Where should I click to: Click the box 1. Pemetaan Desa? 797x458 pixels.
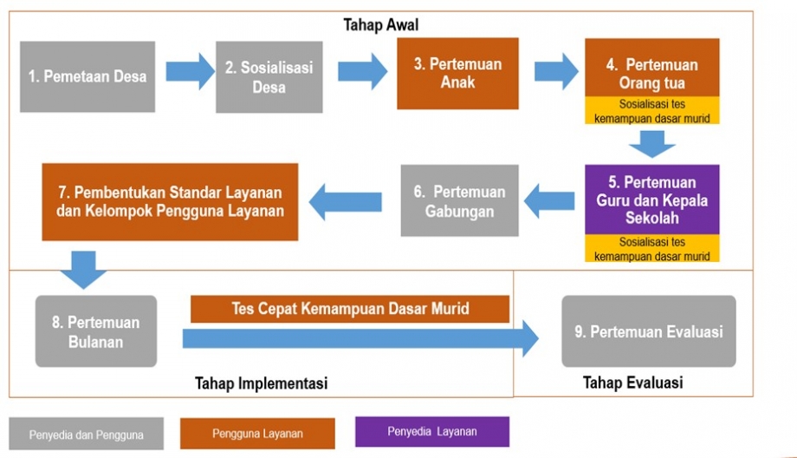[x=87, y=76]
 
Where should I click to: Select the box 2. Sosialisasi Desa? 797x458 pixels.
[x=269, y=76]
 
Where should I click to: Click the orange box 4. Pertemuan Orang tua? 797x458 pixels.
[x=652, y=75]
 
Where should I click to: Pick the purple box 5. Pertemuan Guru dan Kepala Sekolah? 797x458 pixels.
[x=652, y=200]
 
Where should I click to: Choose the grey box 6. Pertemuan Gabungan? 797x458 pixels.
[x=459, y=200]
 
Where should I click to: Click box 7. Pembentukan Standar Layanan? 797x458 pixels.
[x=170, y=201]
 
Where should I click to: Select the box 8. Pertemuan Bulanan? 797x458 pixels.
[x=96, y=331]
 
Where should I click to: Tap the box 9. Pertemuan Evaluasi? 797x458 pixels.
[x=648, y=331]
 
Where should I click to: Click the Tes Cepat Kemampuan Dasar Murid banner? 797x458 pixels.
[x=349, y=309]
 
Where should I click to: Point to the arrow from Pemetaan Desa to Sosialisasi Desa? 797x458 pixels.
[x=189, y=71]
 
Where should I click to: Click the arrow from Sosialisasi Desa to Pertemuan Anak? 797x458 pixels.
[x=362, y=71]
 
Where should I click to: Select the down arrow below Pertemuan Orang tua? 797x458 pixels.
[x=651, y=142]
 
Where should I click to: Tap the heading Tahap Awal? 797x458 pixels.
[x=381, y=25]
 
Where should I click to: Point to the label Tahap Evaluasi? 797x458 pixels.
[x=632, y=383]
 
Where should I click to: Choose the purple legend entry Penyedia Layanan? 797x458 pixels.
[x=431, y=431]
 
